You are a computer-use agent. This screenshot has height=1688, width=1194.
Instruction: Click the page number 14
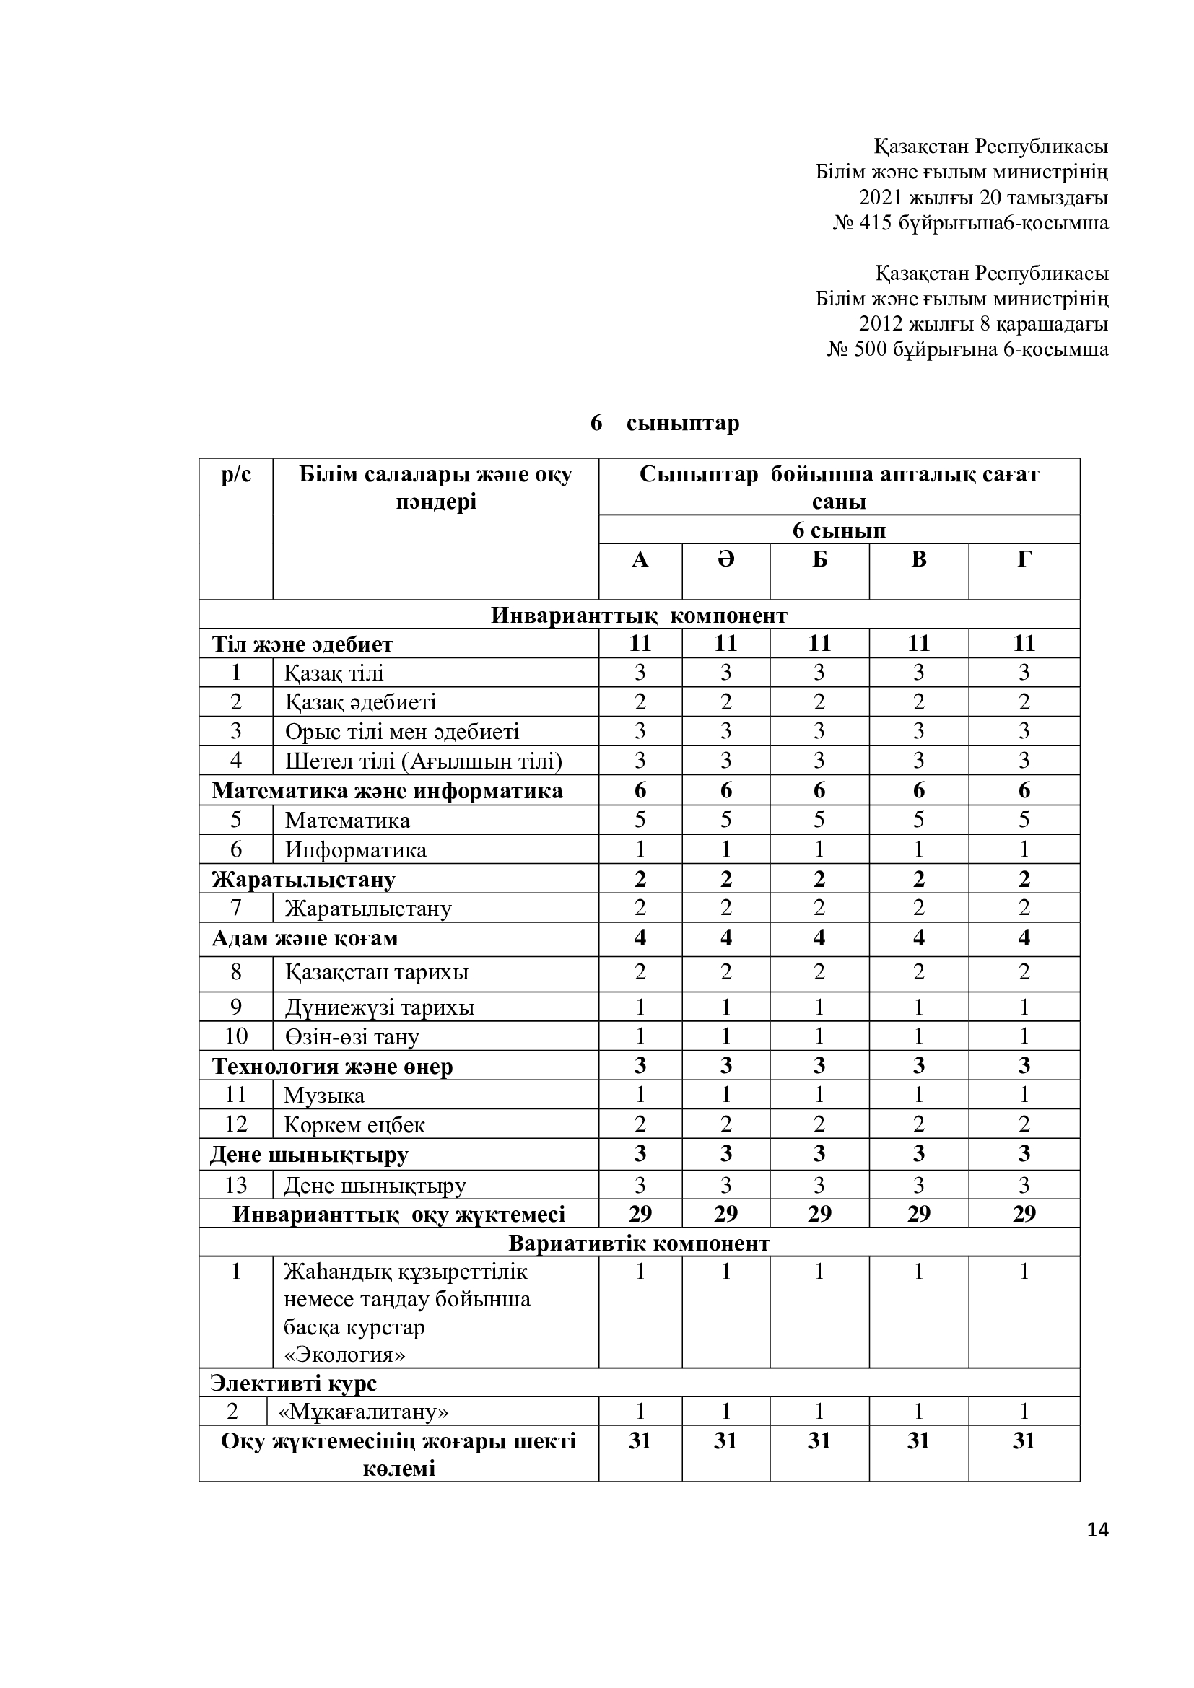pos(1097,1530)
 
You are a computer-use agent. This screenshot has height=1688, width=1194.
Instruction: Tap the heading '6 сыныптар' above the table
pos(665,424)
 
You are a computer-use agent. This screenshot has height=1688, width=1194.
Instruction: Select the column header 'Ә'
pos(725,559)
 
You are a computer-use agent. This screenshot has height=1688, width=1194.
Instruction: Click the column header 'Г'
pos(1024,559)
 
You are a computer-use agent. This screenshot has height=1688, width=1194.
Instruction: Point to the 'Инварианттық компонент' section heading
pos(639,616)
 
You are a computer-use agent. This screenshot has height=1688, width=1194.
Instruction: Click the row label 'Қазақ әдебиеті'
pos(361,702)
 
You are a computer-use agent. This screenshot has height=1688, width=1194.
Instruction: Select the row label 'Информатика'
pos(356,850)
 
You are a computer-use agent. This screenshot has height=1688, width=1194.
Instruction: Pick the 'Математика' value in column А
pos(640,820)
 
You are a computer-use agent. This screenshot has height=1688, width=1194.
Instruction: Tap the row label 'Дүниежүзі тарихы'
pos(380,1007)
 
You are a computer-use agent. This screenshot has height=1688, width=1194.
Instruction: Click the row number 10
pos(236,1036)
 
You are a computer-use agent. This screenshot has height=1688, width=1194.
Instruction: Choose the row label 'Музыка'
pos(324,1096)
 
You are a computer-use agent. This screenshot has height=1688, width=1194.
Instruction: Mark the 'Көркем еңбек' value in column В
pos(918,1124)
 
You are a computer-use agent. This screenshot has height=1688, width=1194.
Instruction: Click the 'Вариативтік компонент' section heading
pos(639,1243)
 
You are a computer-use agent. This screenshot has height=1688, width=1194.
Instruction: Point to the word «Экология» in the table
pos(345,1355)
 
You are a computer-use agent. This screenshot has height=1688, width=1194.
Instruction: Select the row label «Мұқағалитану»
pos(364,1412)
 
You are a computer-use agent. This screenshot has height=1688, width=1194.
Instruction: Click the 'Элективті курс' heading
pos(293,1383)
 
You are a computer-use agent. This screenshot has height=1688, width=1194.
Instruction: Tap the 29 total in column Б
pos(819,1214)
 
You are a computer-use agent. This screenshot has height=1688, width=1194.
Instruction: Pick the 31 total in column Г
pos(1024,1440)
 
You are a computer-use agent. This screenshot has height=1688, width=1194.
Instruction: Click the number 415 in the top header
pos(875,223)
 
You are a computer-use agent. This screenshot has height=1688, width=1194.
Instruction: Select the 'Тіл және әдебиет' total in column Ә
pos(725,643)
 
